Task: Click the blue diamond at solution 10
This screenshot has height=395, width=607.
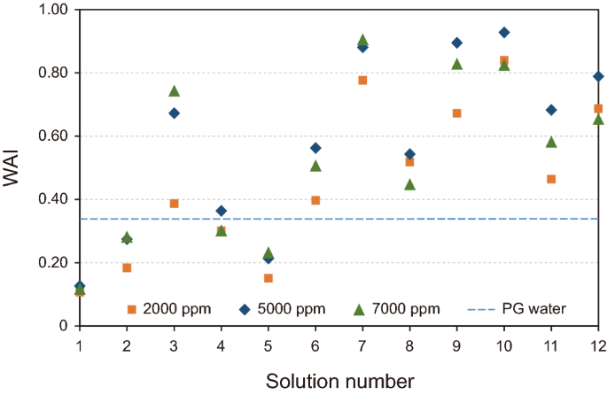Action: pyautogui.click(x=504, y=32)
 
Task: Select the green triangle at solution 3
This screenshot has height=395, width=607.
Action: pyautogui.click(x=174, y=91)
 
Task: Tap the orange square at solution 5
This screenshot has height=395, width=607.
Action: pyautogui.click(x=268, y=278)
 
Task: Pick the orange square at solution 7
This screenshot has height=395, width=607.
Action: pyautogui.click(x=362, y=81)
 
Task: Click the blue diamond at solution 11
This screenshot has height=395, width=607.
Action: pyautogui.click(x=551, y=110)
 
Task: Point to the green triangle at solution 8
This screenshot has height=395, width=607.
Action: pyautogui.click(x=409, y=184)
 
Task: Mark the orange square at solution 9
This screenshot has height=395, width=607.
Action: pyautogui.click(x=457, y=113)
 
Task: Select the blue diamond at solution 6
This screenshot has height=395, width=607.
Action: pyautogui.click(x=315, y=148)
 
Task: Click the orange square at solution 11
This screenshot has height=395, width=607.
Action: pyautogui.click(x=551, y=179)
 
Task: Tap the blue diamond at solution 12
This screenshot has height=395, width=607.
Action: pyautogui.click(x=598, y=76)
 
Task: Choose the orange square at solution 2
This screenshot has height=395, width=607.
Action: pyautogui.click(x=127, y=267)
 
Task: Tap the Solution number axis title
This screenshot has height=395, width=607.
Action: pyautogui.click(x=339, y=381)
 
